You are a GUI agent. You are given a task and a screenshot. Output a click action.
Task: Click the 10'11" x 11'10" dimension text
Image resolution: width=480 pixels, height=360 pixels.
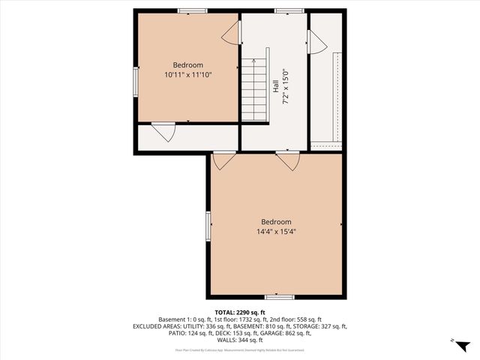[188, 75]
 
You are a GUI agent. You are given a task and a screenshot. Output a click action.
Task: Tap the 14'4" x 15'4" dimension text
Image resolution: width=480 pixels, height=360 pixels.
[276, 232]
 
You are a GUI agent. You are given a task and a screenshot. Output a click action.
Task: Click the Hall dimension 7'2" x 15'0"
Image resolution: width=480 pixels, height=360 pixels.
[285, 88]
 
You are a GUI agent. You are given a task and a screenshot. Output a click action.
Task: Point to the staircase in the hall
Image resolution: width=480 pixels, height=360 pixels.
[255, 90]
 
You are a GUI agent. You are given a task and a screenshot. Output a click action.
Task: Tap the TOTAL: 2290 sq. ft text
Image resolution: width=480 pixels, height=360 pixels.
[240, 312]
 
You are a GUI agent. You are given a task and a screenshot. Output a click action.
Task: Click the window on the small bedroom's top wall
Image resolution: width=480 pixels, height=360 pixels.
[193, 10]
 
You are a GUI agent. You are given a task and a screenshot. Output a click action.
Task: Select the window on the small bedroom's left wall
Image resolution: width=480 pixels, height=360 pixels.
[136, 82]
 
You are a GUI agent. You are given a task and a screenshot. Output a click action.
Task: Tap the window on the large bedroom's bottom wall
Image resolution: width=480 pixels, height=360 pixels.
[280, 297]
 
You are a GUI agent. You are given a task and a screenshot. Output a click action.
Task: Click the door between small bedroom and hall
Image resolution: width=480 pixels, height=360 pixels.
[232, 32]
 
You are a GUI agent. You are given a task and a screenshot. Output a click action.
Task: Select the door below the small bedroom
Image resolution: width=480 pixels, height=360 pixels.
[163, 131]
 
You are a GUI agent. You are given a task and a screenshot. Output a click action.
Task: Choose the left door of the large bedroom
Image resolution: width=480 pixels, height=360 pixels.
[224, 159]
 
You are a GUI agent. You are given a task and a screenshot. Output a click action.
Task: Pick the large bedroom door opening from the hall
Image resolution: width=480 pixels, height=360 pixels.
[287, 159]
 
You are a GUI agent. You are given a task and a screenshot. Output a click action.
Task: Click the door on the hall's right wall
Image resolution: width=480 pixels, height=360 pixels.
[316, 42]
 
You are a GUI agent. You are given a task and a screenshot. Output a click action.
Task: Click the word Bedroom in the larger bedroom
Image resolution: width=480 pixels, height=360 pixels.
[276, 221]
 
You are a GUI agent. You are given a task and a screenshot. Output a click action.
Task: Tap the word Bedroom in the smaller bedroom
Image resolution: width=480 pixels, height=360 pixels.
[188, 65]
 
